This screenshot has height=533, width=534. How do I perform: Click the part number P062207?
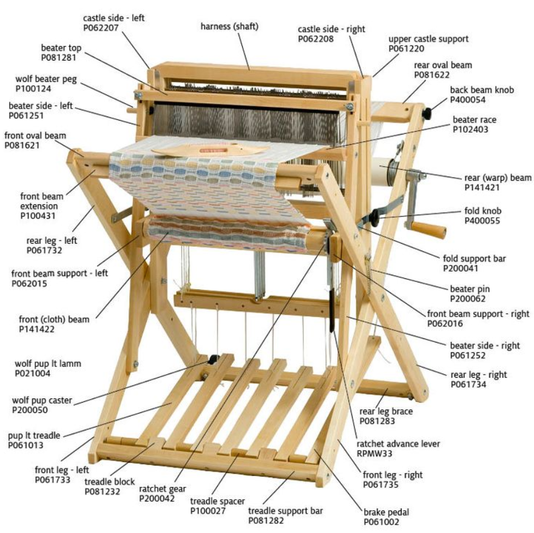pos(101,27)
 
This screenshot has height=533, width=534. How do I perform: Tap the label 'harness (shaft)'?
pos(229,27)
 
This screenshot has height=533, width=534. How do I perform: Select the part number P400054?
pos(468,99)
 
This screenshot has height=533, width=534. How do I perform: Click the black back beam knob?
pos(427,113)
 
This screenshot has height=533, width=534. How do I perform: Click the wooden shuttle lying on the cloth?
pos(211,150)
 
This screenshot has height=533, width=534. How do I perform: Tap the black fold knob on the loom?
pos(374,218)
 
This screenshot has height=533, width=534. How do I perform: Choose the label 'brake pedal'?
pos(386,512)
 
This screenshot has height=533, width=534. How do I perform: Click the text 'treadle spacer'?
pos(217,501)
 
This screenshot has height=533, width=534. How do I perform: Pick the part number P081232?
pos(102,492)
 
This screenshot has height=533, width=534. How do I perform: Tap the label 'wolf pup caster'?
pos(42,400)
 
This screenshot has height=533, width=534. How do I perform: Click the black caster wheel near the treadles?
pos(214,359)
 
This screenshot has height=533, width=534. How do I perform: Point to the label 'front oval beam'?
pos(35,135)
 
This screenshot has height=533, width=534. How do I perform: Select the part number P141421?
pos(482,187)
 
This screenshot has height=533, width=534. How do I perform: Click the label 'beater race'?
pos(475,119)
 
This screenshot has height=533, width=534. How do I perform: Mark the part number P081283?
pos(377,421)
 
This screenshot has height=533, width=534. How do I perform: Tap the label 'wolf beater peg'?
pos(46,79)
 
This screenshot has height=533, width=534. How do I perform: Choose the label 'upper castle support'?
pos(428,39)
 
